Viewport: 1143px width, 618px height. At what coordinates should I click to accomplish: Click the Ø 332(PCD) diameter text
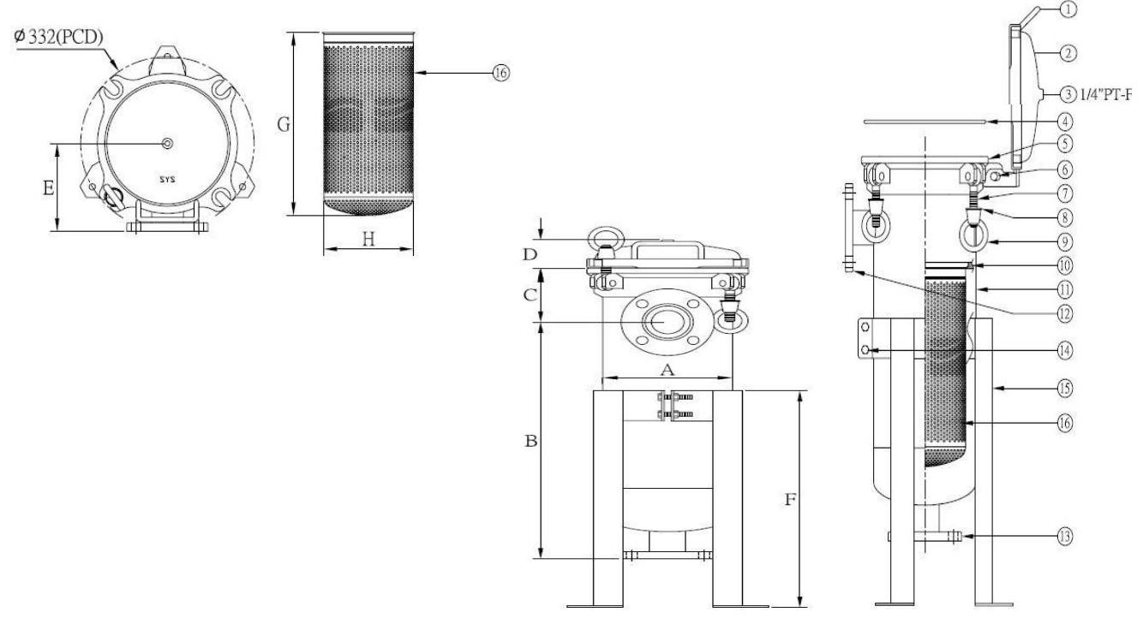point(58,37)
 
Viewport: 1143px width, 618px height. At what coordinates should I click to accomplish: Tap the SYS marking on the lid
point(167,180)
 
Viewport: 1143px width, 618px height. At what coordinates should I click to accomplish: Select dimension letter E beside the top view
point(49,188)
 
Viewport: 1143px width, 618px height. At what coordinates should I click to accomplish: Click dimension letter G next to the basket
point(284,124)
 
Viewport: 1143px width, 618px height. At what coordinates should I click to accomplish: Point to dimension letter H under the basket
point(368,239)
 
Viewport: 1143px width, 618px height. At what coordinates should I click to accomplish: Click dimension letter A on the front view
point(667,370)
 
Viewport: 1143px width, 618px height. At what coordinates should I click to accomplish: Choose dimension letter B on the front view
point(531,441)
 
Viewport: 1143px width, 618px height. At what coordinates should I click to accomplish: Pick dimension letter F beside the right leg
point(790,500)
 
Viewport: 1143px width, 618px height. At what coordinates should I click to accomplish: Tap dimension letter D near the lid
point(530,254)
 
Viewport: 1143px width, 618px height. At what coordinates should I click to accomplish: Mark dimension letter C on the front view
point(530,294)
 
